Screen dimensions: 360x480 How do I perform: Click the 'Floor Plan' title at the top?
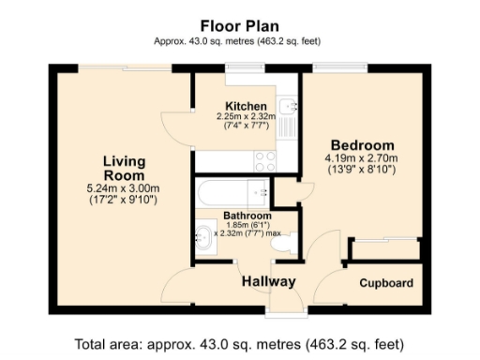[x=239, y=24]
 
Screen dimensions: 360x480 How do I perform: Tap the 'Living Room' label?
[x=124, y=169]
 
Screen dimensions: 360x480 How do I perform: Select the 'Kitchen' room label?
[x=246, y=106]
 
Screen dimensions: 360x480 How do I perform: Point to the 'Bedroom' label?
[x=360, y=145]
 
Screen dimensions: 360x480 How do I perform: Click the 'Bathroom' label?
[x=247, y=216]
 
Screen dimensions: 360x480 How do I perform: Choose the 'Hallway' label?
[x=269, y=281]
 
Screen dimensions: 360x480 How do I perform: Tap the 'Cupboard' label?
[x=385, y=282]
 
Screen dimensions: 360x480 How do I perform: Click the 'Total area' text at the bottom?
[x=239, y=342]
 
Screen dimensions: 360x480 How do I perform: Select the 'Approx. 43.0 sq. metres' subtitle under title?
[x=239, y=41]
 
